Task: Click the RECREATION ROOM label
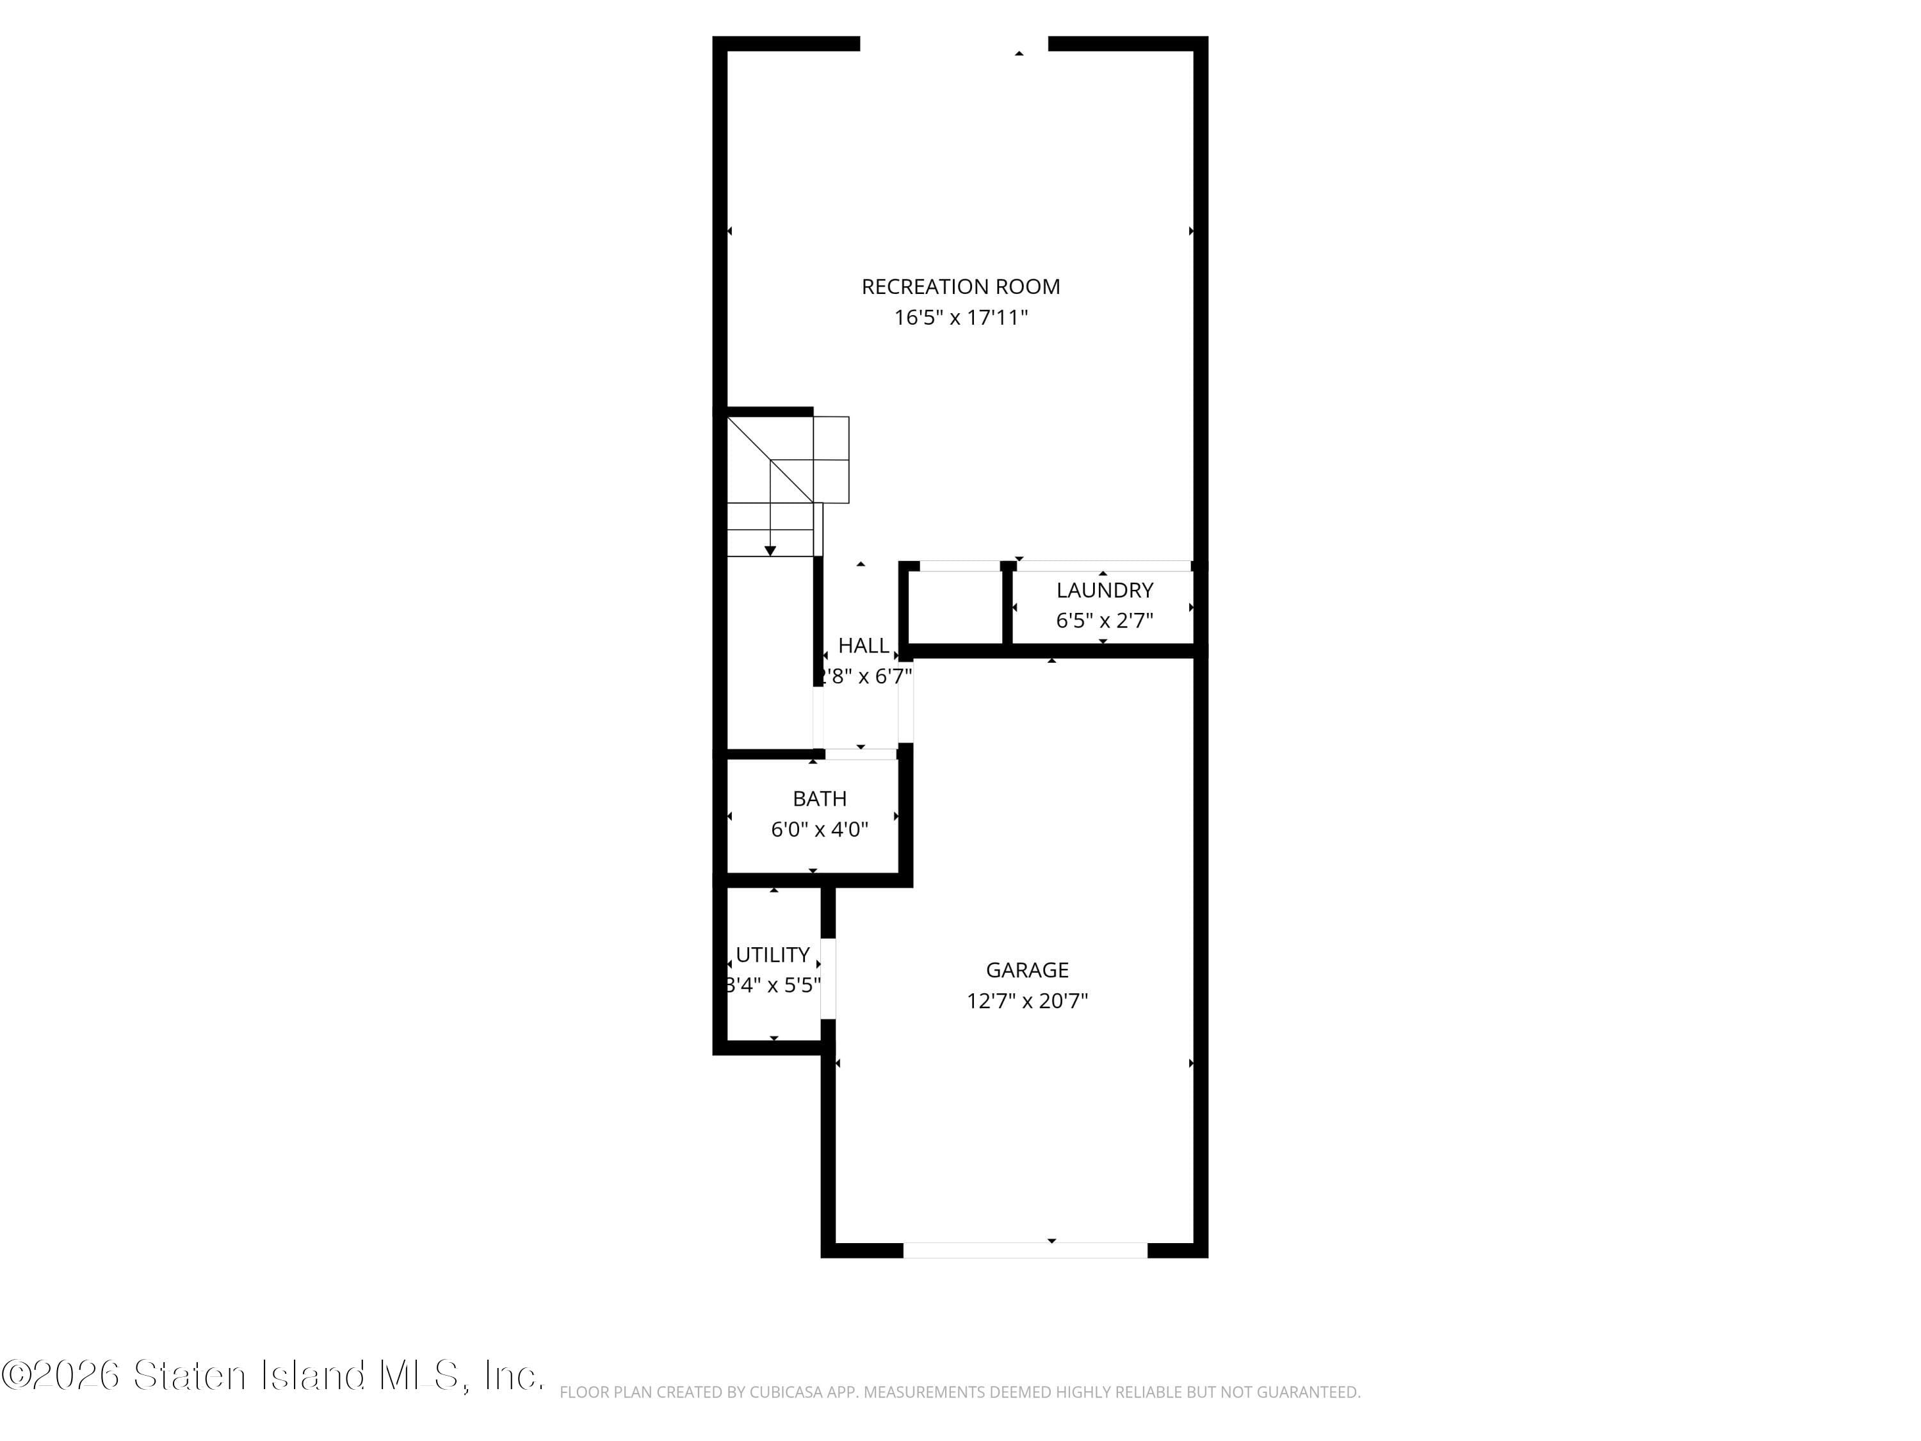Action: [960, 287]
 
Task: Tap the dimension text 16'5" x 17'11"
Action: [960, 318]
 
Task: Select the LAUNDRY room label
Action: [1105, 590]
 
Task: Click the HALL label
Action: [863, 646]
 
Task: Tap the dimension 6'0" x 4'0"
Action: [819, 829]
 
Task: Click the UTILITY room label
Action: [772, 956]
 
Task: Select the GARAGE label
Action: [1026, 970]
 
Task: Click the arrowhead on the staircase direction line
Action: [770, 551]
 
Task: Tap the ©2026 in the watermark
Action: [61, 1375]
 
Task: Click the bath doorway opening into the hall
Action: [861, 754]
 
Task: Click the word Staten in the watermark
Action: [190, 1375]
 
